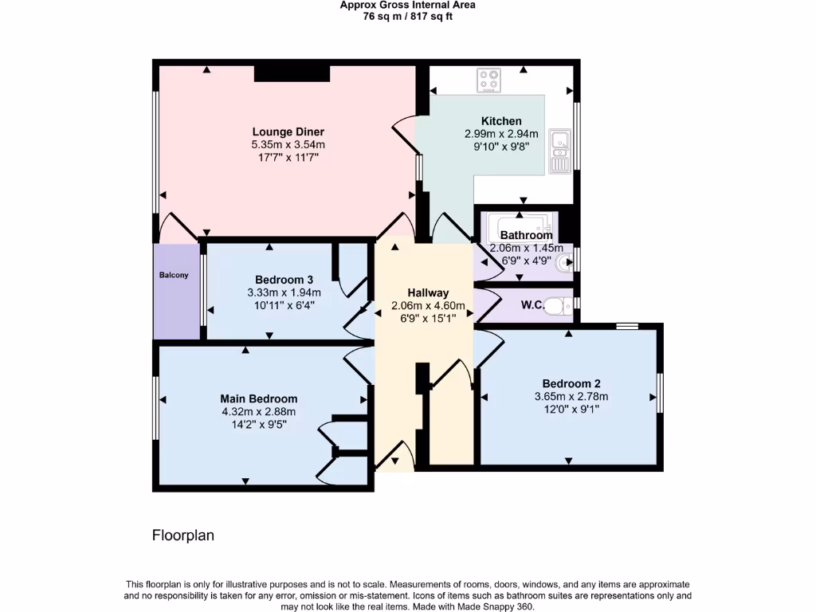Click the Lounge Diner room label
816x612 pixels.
click(288, 131)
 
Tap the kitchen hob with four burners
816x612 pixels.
click(488, 80)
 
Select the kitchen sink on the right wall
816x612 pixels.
click(560, 151)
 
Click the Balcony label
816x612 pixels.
click(174, 276)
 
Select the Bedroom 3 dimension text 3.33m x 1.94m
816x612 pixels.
click(284, 292)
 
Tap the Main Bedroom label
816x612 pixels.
click(259, 398)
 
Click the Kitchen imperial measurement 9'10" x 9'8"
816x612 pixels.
click(501, 147)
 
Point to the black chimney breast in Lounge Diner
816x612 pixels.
click(292, 73)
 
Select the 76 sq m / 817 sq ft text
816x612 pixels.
click(407, 16)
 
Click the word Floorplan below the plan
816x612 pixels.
click(183, 535)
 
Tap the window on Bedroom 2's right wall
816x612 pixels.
click(660, 393)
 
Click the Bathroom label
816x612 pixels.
click(526, 235)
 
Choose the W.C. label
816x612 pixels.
click(532, 305)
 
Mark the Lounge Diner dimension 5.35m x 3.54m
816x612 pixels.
click(288, 145)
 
